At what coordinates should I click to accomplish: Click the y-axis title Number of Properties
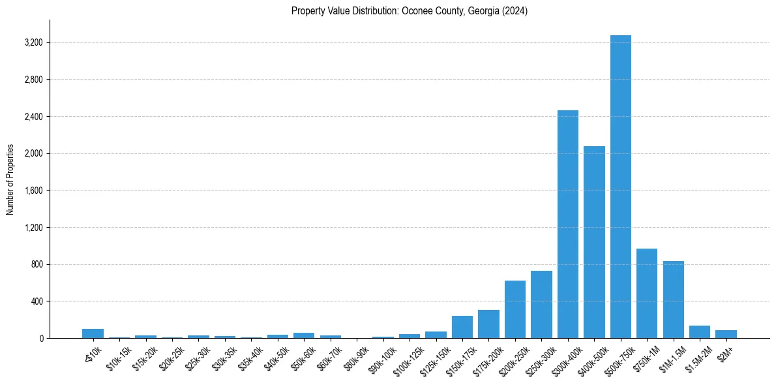coord(10,179)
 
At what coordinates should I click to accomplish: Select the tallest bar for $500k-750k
coord(620,187)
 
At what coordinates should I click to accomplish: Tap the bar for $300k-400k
coord(567,224)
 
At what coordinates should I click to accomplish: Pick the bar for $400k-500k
coord(594,242)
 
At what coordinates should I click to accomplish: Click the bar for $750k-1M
coord(646,294)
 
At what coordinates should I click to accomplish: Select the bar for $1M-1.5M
coord(673,300)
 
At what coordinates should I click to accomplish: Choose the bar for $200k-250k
coord(515,309)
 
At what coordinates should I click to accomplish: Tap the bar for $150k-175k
coord(462,327)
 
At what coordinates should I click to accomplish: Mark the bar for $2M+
coord(726,334)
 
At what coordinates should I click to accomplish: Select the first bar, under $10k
coord(93,333)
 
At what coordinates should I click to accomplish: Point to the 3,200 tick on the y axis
coord(33,43)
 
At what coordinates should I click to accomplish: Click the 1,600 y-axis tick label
coord(33,191)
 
